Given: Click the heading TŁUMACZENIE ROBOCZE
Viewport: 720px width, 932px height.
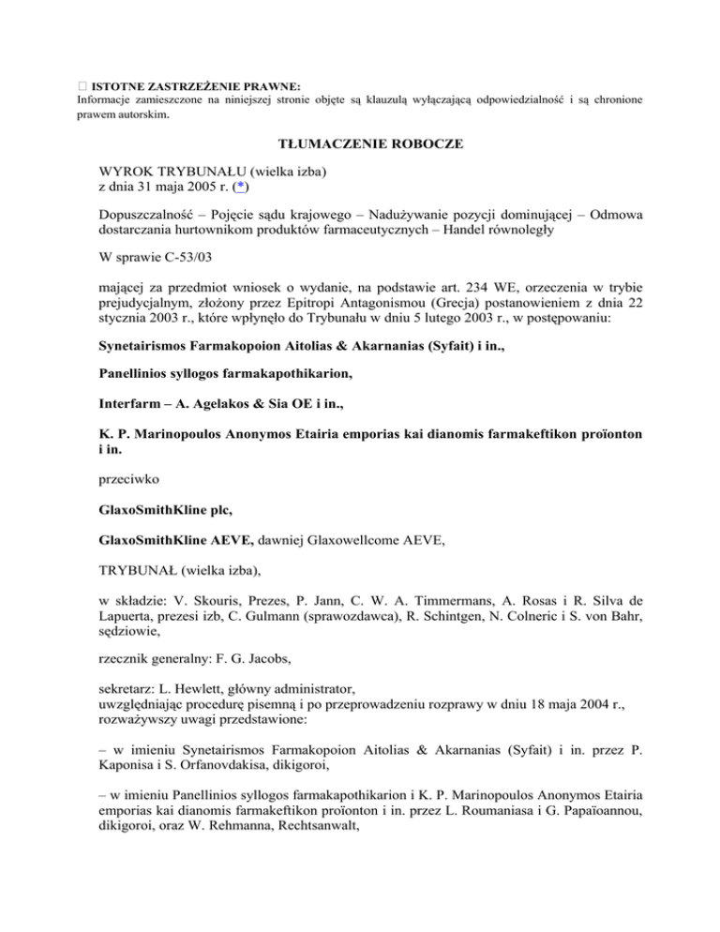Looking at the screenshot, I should (359, 147).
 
